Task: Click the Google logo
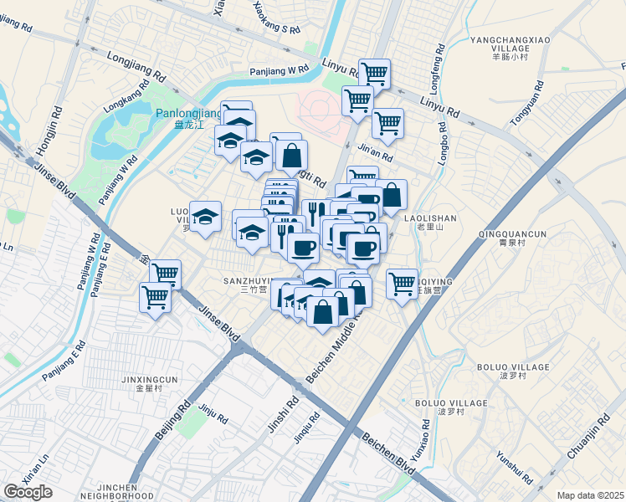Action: [28, 492]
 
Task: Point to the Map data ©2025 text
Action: [590, 495]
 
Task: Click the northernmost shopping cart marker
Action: [374, 73]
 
